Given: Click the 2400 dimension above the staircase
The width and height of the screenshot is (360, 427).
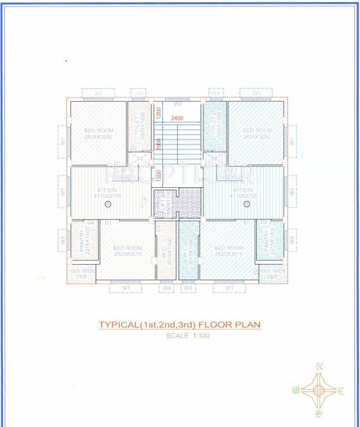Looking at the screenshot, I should click(x=177, y=117).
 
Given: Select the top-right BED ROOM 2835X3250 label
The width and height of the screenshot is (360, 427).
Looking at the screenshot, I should click(x=256, y=133).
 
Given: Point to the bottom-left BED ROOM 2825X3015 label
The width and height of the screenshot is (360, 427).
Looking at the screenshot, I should click(x=127, y=251).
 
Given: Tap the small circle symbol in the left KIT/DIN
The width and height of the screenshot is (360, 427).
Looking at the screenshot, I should click(x=107, y=205).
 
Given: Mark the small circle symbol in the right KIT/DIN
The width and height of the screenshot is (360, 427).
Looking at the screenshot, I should click(x=248, y=205).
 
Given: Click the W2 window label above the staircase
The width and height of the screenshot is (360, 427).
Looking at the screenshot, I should click(x=179, y=104).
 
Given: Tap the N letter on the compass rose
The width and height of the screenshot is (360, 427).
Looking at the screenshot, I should click(x=319, y=365).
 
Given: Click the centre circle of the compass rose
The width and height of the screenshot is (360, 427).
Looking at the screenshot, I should click(x=318, y=390).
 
